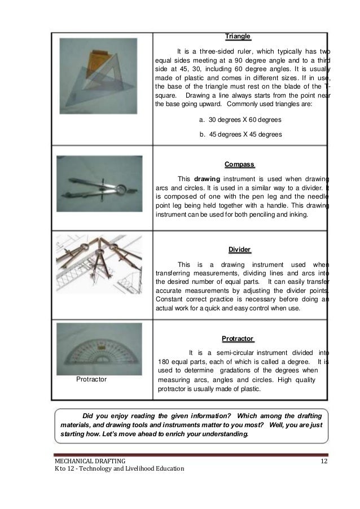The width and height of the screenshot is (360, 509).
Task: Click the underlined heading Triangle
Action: (238, 36)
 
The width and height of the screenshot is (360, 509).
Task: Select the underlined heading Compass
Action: (240, 165)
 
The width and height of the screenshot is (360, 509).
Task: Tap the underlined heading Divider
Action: (240, 249)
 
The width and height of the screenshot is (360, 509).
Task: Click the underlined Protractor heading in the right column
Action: (238, 338)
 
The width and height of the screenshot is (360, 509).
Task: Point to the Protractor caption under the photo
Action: (91, 380)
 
